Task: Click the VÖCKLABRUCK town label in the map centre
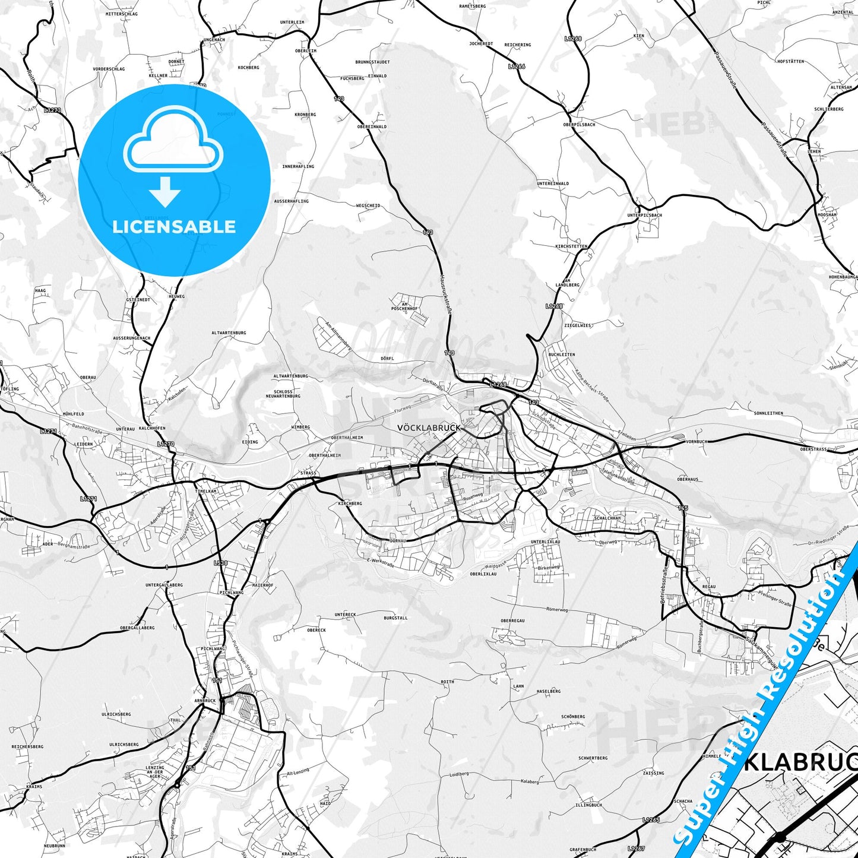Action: coord(428,428)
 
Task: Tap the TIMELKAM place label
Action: coord(205,491)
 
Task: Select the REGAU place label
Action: coord(708,587)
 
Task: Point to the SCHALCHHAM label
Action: coord(607,518)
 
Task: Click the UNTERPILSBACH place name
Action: coord(644,215)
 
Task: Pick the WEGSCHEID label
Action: coord(368,205)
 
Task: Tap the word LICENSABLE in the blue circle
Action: coord(174,226)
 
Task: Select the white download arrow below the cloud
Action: coord(165,191)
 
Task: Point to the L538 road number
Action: coord(220,563)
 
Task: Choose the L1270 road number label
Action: coord(166,444)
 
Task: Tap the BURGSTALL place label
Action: coord(395,618)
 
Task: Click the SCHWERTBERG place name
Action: coord(593,758)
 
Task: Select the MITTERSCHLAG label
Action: coord(121,14)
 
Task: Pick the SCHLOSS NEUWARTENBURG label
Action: coord(283,394)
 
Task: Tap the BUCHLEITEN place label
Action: coord(561,354)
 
